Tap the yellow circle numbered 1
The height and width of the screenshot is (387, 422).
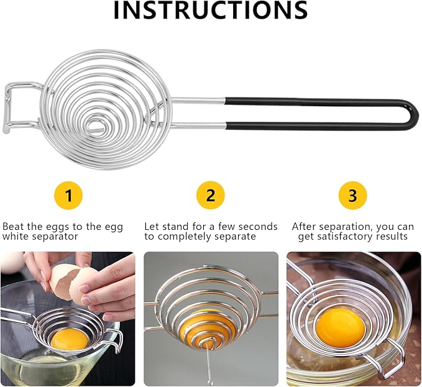click(x=69, y=196)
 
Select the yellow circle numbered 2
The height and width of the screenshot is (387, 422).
click(x=211, y=196)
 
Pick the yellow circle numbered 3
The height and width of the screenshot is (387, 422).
click(x=352, y=196)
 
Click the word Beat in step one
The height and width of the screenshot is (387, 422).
click(x=13, y=227)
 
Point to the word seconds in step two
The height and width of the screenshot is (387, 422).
click(x=257, y=227)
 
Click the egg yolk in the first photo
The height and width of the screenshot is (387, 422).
click(x=66, y=339)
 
